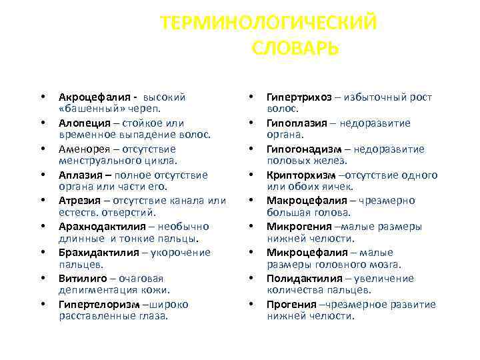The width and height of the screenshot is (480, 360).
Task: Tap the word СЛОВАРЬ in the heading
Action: [x=296, y=49]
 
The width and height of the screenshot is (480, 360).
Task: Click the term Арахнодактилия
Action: [x=101, y=227]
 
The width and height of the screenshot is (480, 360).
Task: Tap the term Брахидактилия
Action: [x=97, y=253]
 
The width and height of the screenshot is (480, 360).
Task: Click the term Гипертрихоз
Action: [x=299, y=97]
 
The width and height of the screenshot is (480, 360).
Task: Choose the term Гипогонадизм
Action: [x=301, y=149]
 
